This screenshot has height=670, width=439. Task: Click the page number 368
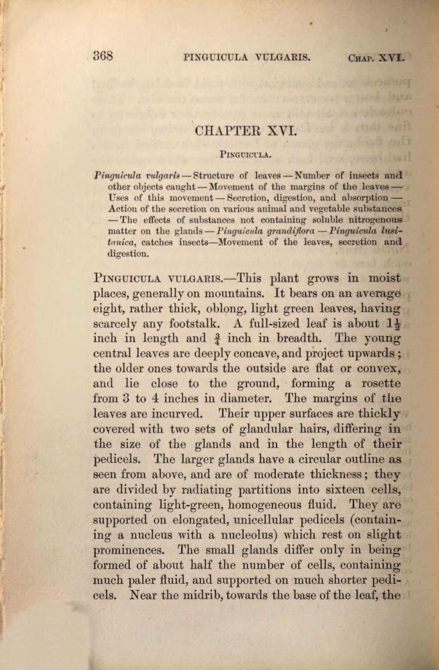pyautogui.click(x=103, y=56)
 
